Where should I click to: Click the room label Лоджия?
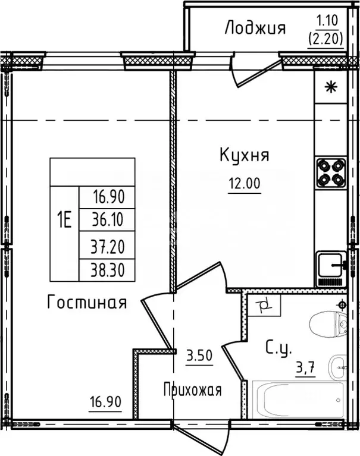click(x=255, y=28)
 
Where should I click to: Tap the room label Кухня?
click(x=244, y=156)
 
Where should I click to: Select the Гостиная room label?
click(x=87, y=303)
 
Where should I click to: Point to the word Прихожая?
click(x=192, y=391)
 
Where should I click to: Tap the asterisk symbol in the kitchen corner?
click(x=330, y=88)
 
